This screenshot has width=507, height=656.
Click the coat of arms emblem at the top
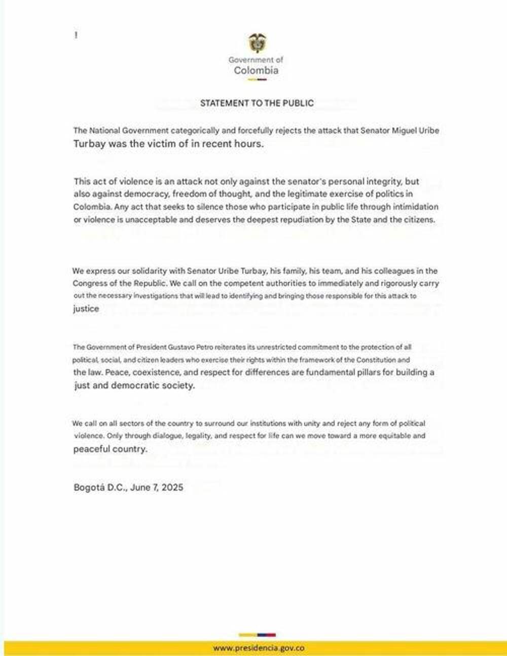pos(257,43)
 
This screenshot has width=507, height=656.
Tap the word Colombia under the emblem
pos(256,70)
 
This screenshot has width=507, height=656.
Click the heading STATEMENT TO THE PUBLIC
pos(257,103)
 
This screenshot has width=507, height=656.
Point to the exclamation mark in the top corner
pos(76,35)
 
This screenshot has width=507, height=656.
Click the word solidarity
pos(145,271)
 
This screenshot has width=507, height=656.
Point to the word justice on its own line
pos(86,308)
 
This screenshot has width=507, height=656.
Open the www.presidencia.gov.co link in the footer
pos(259,648)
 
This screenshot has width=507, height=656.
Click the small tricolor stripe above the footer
pos(257,635)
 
